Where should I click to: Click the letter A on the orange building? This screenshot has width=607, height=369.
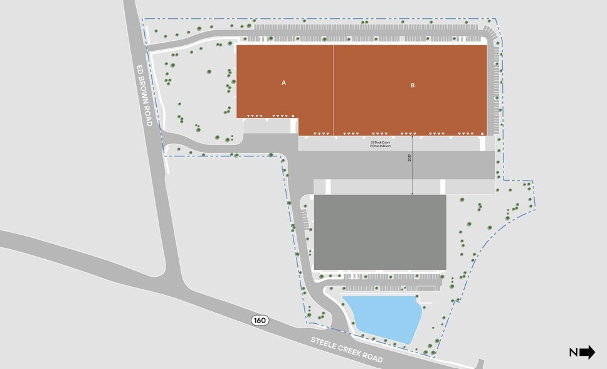[x=284, y=82]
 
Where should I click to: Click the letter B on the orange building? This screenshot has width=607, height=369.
[x=413, y=85]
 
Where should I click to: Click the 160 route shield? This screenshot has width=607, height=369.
[x=260, y=321]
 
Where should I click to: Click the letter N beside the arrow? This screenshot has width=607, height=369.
[x=573, y=353]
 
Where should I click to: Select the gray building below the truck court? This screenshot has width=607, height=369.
[x=379, y=232]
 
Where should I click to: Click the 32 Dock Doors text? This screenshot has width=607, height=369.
[x=381, y=142]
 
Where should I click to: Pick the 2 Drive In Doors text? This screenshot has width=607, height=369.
[x=381, y=147]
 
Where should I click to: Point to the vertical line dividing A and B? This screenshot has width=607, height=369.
[x=334, y=88]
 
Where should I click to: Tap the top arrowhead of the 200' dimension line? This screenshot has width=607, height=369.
[x=412, y=137]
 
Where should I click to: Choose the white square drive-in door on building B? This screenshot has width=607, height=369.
[x=482, y=134]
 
